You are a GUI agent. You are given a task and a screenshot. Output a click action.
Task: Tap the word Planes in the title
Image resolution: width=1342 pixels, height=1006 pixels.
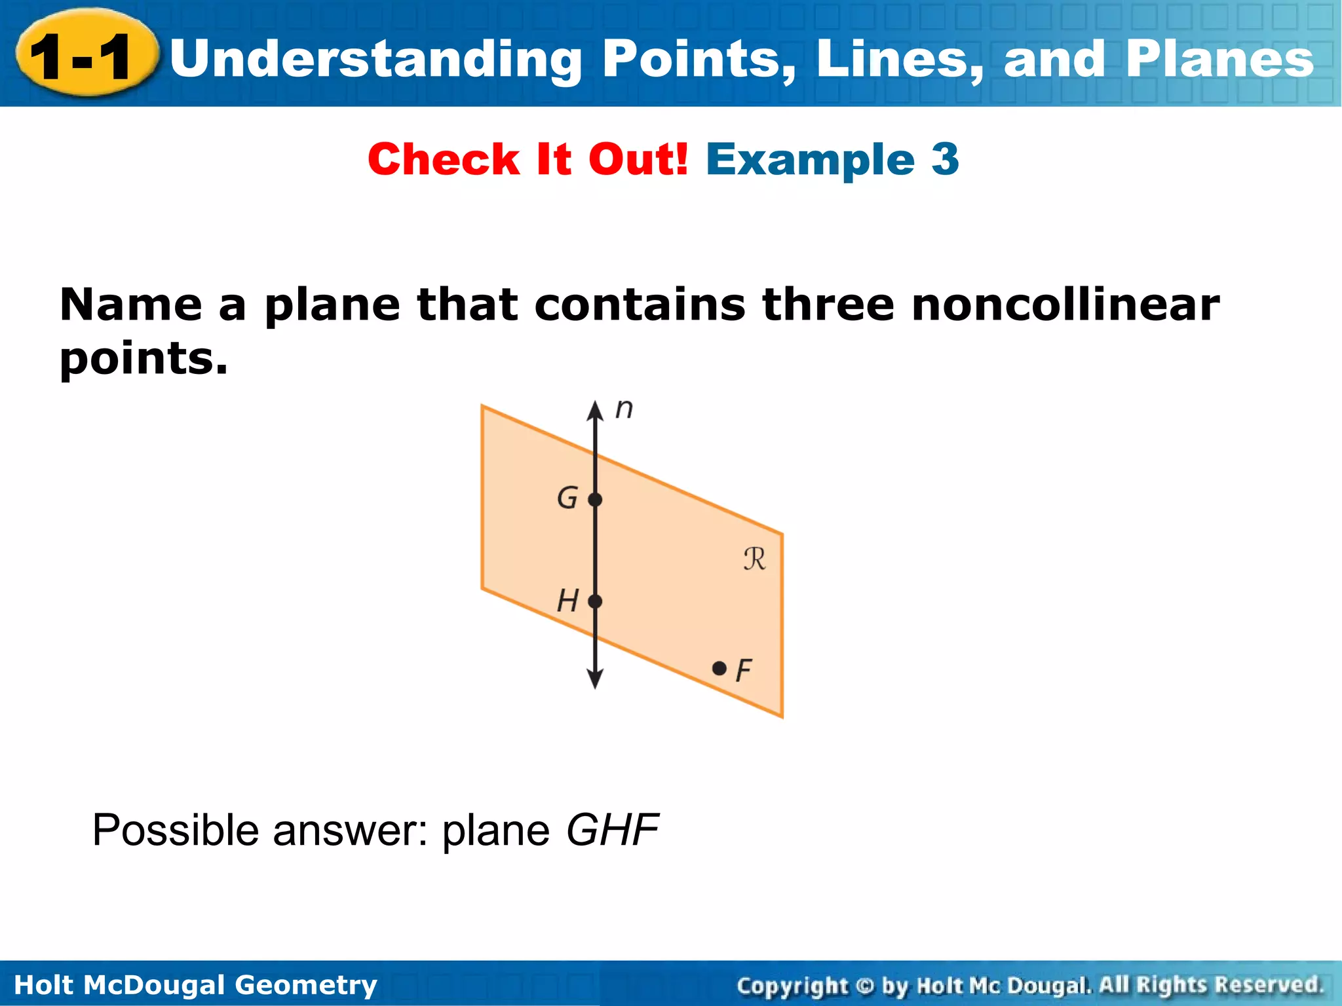pos(1219,59)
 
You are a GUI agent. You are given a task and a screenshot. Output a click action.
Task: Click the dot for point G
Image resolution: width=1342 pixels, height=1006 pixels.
pos(595,500)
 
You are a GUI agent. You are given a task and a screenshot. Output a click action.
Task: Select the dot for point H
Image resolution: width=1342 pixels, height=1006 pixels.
pos(595,601)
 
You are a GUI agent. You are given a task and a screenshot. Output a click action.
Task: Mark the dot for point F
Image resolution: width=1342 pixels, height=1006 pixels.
pos(719,668)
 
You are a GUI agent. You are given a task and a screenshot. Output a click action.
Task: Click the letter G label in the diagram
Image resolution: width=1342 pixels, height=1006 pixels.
pos(567,498)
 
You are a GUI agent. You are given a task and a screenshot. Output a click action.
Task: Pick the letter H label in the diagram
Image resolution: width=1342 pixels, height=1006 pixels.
pos(567,601)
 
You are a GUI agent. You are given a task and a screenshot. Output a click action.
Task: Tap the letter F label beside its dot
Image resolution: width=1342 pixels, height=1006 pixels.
pos(744,671)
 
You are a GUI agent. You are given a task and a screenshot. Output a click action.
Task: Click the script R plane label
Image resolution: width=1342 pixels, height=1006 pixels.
pos(754,559)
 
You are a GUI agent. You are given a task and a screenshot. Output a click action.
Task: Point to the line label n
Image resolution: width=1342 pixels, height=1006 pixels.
pos(624,409)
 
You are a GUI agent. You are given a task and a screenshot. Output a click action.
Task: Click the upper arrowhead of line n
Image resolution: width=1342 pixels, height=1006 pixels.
pos(595,411)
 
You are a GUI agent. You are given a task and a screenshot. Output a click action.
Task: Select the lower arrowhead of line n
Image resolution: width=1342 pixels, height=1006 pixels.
pos(595,679)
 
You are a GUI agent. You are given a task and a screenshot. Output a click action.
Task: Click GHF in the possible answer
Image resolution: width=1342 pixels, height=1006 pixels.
pos(612,830)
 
